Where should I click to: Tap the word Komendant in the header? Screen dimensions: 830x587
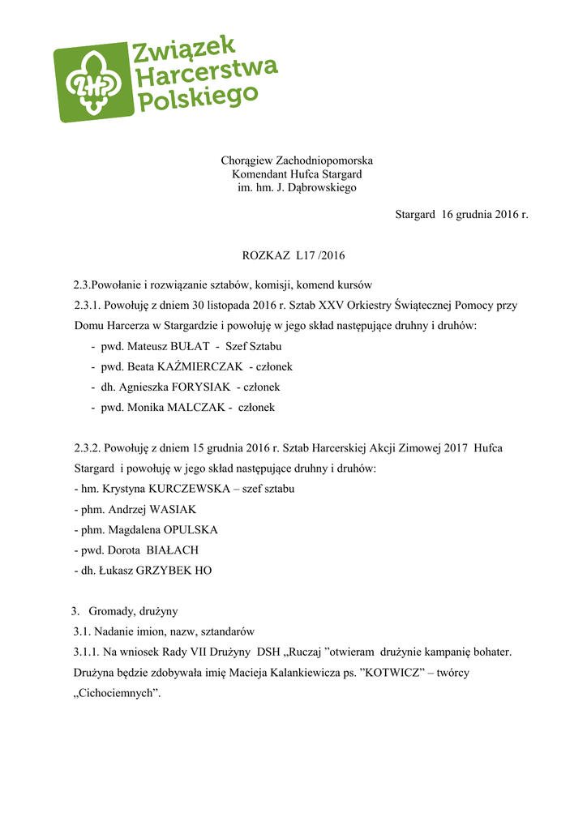coord(259,174)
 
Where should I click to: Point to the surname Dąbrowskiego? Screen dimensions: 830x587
coord(321,188)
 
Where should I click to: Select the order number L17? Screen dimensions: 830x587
coord(306,256)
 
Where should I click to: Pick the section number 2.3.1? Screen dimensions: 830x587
coord(87,306)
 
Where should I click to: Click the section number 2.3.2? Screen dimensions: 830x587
coord(87,448)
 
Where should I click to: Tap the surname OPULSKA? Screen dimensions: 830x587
coord(190,530)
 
